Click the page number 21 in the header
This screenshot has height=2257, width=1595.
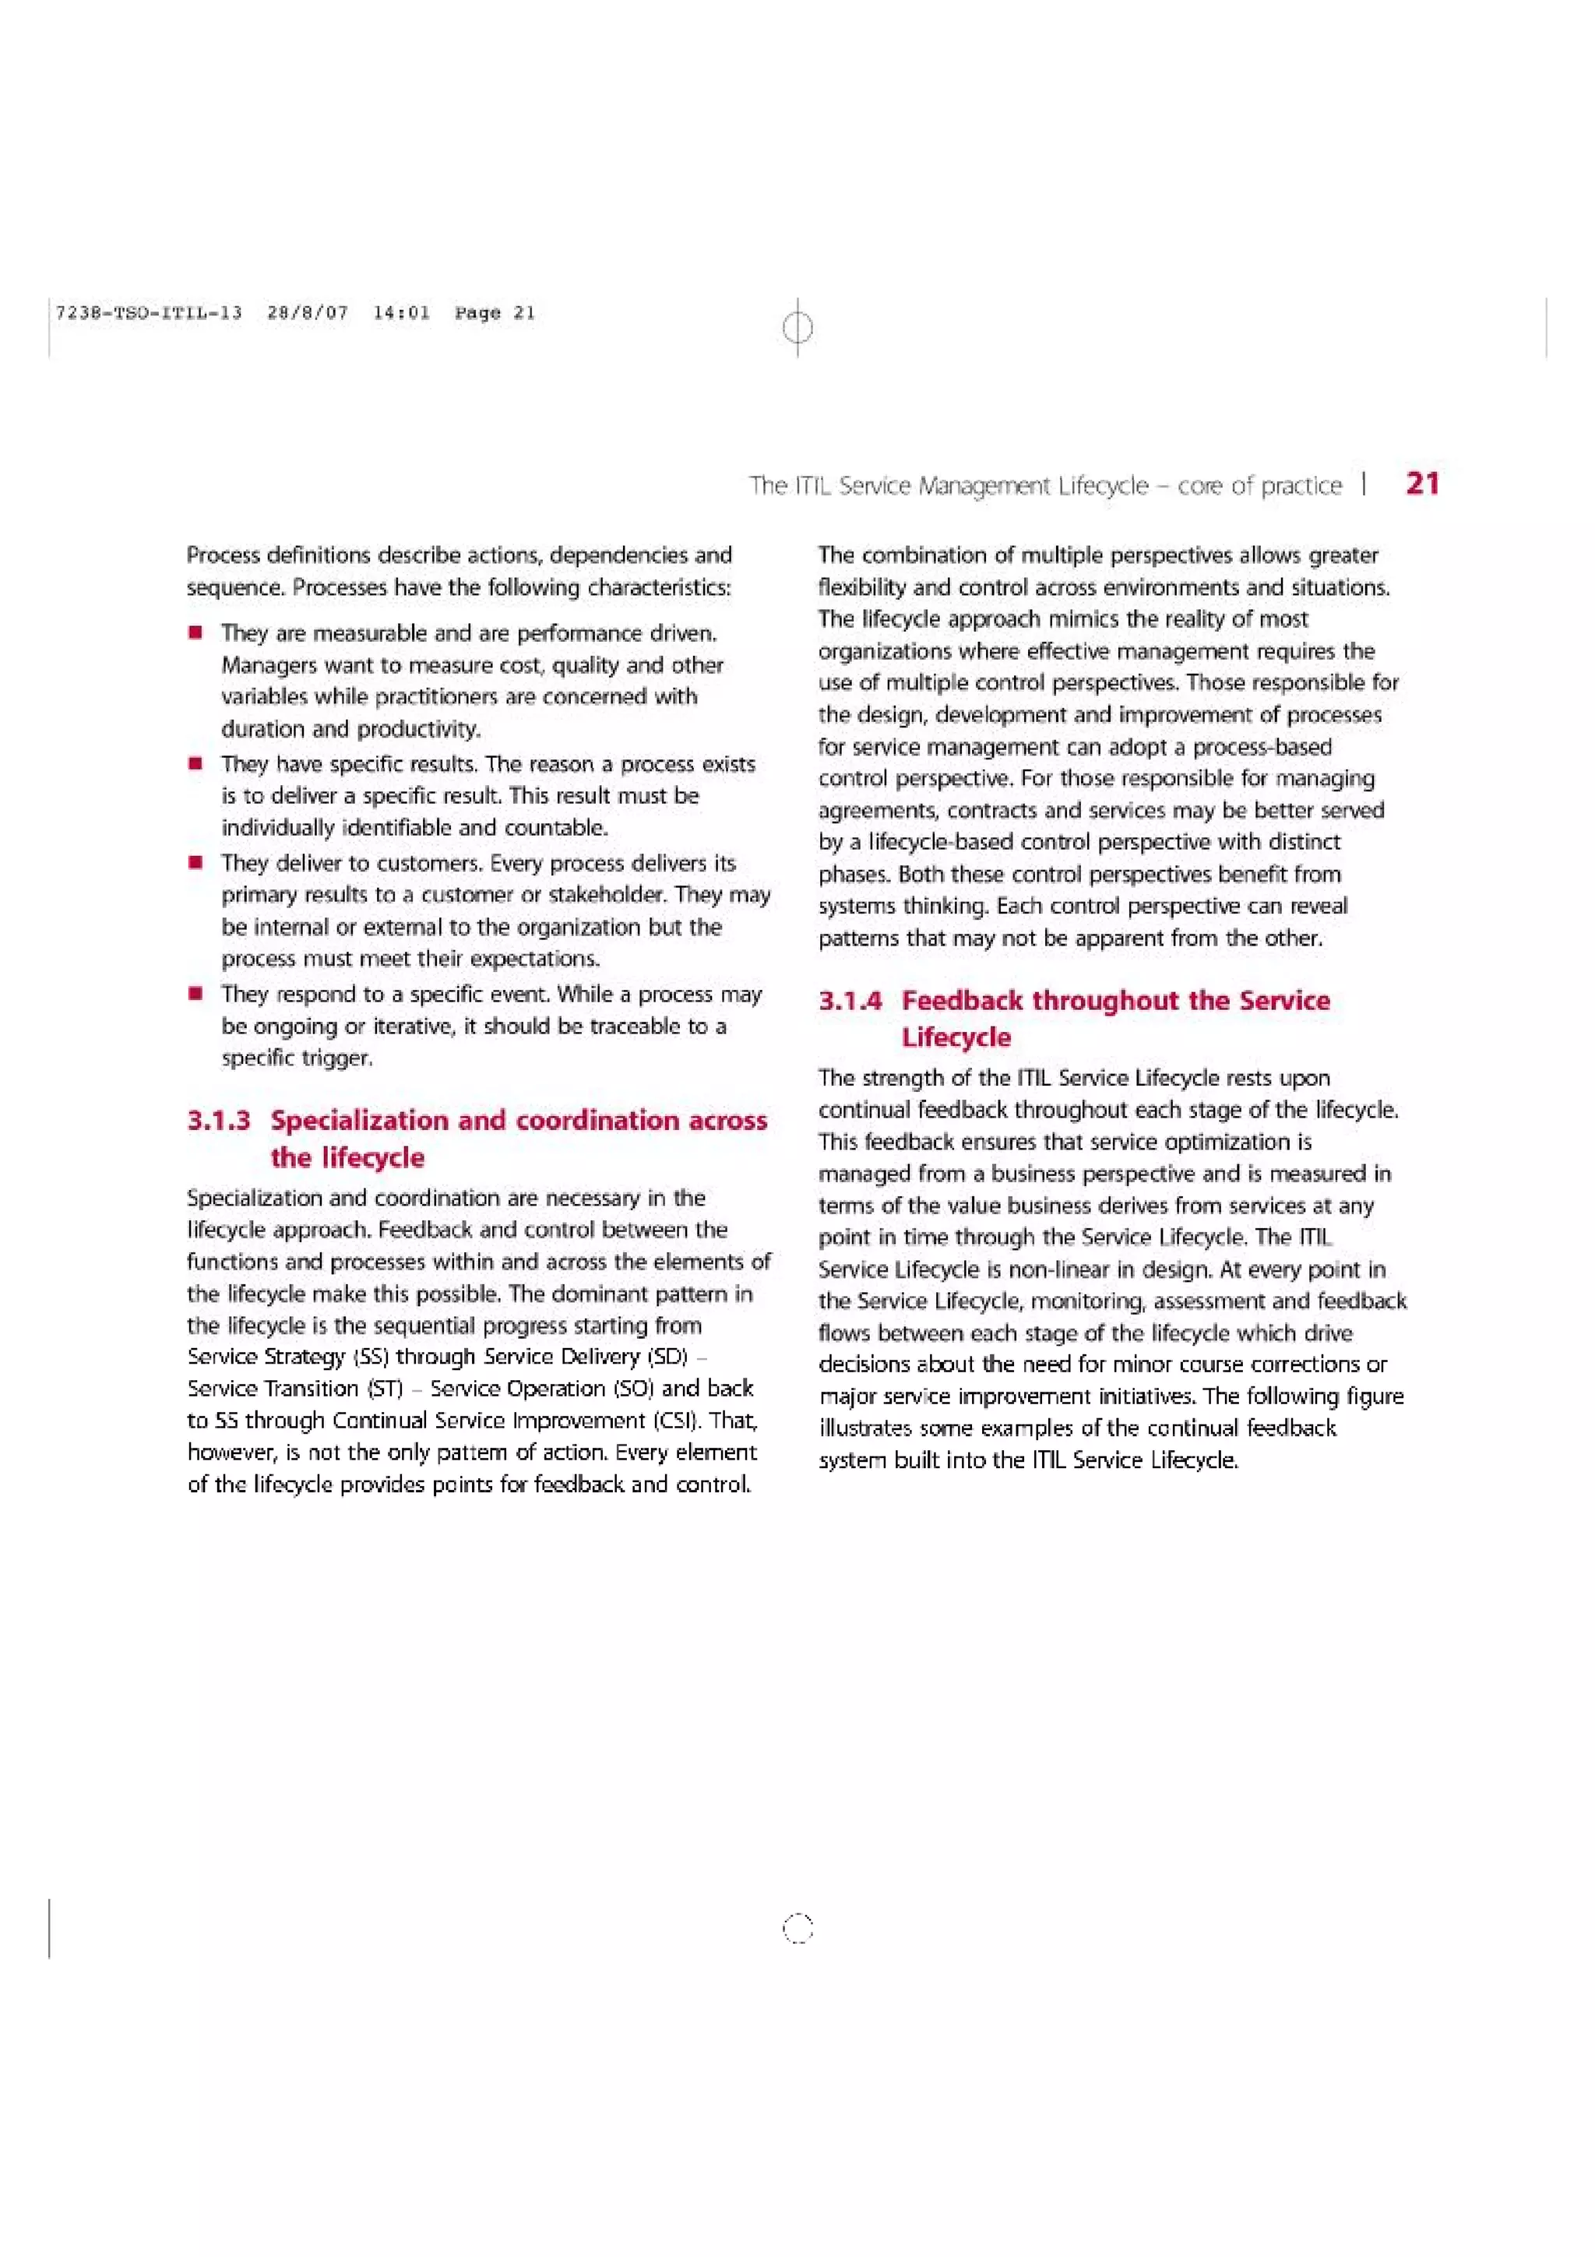(x=1422, y=484)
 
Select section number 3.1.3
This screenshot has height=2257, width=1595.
(x=218, y=1121)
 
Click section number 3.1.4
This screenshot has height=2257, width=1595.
(x=850, y=1001)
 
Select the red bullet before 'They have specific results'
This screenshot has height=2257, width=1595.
(x=196, y=762)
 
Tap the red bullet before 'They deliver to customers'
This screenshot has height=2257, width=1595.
(x=196, y=862)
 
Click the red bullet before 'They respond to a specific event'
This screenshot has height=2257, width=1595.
(x=196, y=993)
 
